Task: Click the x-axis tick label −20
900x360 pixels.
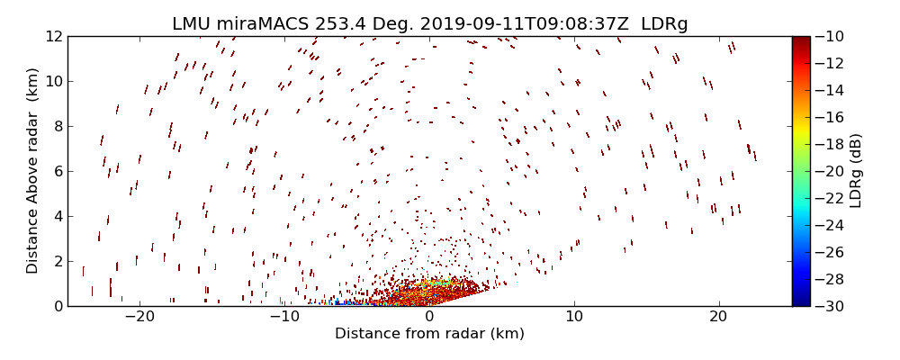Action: coord(139,317)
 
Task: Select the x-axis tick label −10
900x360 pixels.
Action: coord(284,317)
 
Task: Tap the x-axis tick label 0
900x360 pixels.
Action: coord(429,317)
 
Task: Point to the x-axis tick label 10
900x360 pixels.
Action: coord(573,317)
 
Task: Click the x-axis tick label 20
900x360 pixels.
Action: coord(718,317)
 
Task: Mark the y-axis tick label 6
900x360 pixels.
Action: coord(57,171)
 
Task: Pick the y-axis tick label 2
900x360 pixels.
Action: coord(57,261)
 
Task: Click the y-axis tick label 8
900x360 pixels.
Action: coord(57,126)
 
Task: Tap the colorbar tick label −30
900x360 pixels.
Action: coord(829,306)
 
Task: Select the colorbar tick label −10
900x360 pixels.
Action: coord(829,37)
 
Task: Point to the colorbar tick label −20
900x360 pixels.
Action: coord(829,171)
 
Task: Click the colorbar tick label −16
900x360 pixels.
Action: coord(829,117)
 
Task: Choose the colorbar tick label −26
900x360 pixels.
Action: coord(829,252)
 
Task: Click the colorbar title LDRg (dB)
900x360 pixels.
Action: coord(856,171)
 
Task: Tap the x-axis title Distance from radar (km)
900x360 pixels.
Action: coord(429,334)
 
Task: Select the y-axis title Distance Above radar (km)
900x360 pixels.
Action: coord(32,171)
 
